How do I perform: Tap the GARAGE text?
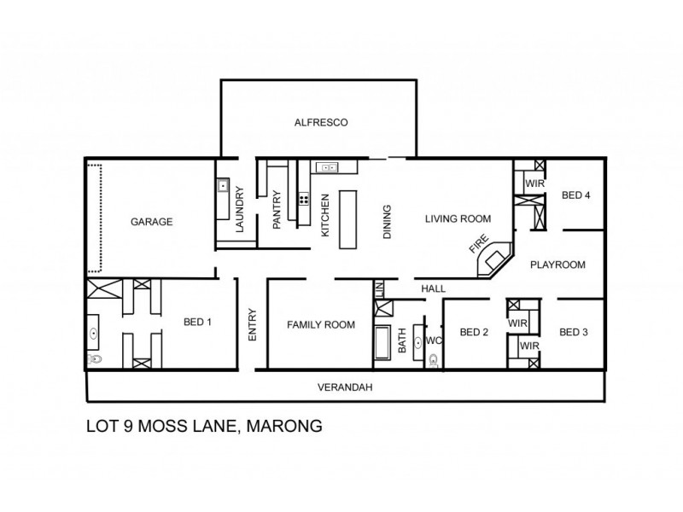[x=152, y=222]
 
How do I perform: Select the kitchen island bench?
[x=348, y=219]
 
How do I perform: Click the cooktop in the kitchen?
[x=303, y=201]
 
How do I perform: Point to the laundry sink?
[x=222, y=184]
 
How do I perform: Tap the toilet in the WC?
[x=435, y=360]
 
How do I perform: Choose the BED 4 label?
[x=575, y=195]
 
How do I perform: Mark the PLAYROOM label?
[x=557, y=265]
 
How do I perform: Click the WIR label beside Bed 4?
[x=534, y=183]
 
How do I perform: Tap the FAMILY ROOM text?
[x=320, y=324]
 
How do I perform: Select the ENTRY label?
[x=252, y=325]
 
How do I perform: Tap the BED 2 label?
[x=473, y=332]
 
